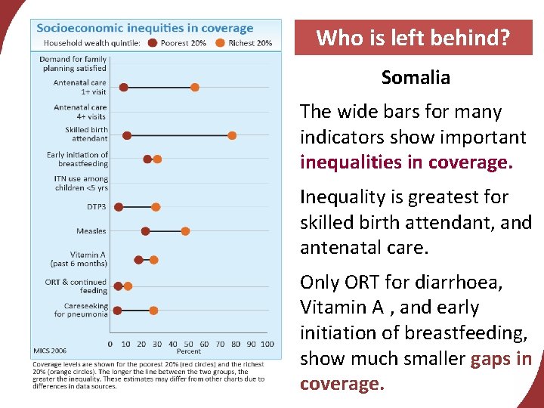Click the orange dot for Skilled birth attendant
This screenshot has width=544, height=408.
click(x=232, y=135)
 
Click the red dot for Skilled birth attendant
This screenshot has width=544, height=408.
click(x=127, y=135)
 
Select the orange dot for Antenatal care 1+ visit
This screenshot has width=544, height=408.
click(x=195, y=88)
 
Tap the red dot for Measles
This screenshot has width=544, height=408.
click(x=146, y=231)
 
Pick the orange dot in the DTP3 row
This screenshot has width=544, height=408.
click(x=156, y=207)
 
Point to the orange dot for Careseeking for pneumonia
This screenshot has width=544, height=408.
click(x=153, y=311)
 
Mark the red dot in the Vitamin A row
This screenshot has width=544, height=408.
click(x=138, y=260)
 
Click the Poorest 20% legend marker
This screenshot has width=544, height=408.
click(x=153, y=43)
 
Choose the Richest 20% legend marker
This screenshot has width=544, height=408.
click(x=220, y=43)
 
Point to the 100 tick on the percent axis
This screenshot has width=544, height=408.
click(x=267, y=344)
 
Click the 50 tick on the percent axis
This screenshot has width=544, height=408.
click(x=189, y=344)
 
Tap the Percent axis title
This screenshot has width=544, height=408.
click(x=189, y=351)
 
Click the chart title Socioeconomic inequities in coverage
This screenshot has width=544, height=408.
click(x=145, y=29)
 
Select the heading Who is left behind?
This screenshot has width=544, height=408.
click(x=413, y=38)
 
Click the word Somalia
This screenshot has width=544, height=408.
click(x=416, y=78)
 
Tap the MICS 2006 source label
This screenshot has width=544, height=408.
click(x=51, y=351)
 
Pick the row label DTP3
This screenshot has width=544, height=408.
click(x=97, y=207)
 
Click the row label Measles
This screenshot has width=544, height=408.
click(x=91, y=231)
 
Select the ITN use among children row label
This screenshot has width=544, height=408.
click(x=81, y=183)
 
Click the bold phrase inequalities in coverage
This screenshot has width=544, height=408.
click(x=406, y=163)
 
